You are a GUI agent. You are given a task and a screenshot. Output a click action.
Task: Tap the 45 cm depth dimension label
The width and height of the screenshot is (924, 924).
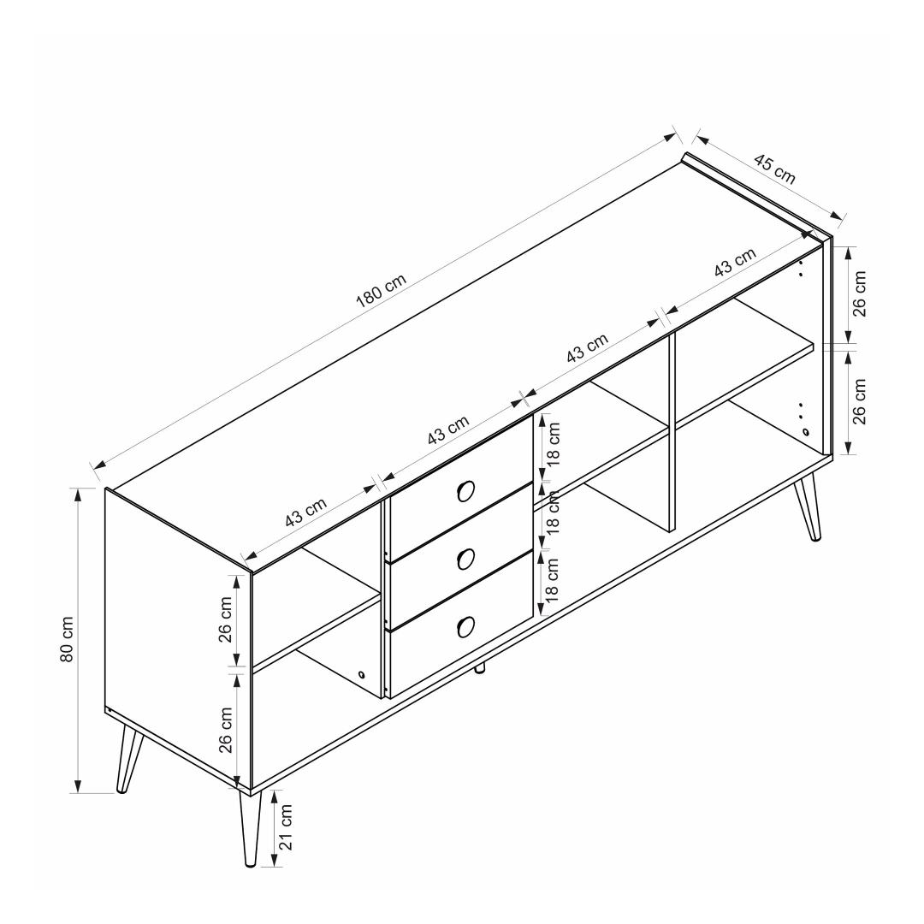point(774,169)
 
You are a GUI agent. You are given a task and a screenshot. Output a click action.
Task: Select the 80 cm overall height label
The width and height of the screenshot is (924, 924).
point(68,639)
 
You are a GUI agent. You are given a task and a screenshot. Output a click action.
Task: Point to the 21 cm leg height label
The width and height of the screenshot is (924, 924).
point(286,826)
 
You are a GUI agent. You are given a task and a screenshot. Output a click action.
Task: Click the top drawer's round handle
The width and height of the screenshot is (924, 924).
point(465,490)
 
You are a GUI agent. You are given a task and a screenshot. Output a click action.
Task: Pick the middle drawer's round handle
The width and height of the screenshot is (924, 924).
point(465,559)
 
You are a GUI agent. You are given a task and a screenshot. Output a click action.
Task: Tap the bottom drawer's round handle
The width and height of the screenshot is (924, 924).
point(465,626)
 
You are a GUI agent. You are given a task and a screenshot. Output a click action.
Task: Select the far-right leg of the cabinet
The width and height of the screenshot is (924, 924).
point(808,506)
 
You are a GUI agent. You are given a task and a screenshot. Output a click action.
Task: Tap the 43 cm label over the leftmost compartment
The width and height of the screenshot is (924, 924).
point(305,512)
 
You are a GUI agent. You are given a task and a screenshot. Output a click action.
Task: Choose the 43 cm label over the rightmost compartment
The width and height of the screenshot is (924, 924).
point(735,262)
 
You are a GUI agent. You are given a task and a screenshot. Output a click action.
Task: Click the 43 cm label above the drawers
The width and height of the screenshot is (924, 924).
point(448,429)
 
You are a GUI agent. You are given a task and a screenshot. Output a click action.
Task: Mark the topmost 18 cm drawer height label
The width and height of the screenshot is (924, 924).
point(554,446)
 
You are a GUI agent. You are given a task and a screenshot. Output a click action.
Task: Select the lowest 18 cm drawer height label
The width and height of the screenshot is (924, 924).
point(552,580)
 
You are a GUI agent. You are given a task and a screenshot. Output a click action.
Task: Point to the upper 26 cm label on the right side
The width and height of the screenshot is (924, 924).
point(860,293)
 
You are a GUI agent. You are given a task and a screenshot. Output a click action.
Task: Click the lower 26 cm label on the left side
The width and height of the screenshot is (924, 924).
point(226,730)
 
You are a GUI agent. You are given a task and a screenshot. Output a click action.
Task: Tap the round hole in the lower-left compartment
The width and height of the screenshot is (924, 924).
point(361,675)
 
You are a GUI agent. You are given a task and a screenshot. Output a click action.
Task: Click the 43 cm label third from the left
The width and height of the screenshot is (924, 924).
point(587,348)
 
